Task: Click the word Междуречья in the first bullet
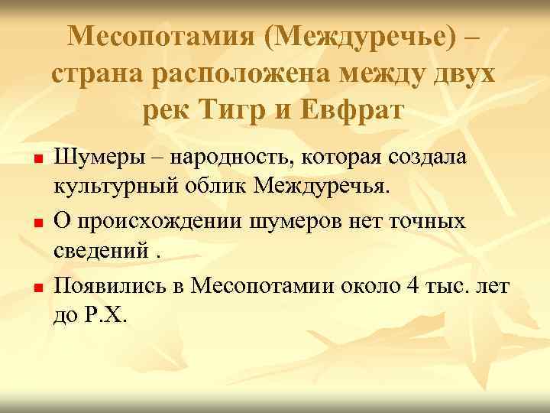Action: (322, 186)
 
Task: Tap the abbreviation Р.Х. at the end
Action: (113, 314)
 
